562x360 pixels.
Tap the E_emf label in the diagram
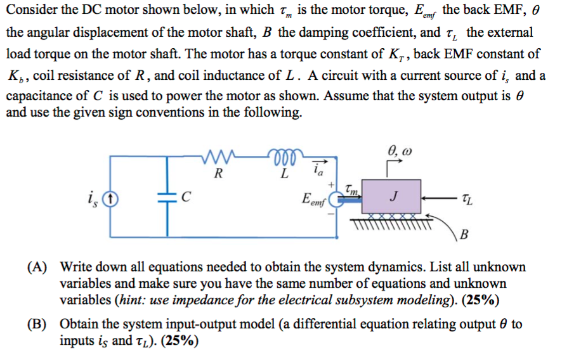coord(315,202)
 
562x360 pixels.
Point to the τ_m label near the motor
coord(353,187)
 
